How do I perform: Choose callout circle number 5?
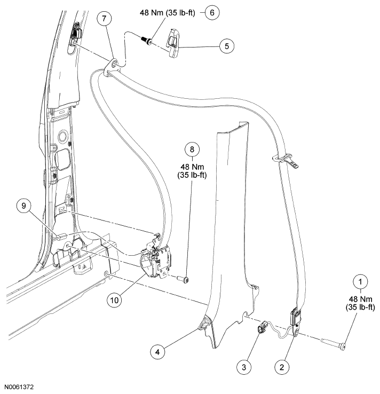pos(226,46)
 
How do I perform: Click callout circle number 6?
pos(212,12)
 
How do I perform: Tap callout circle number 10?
pos(116,300)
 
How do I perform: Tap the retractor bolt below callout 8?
pos(183,278)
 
